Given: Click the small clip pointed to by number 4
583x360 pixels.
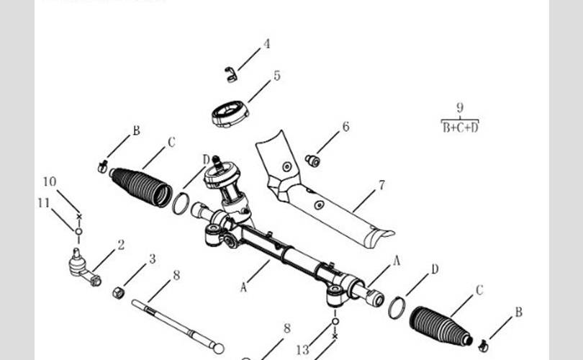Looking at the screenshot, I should pyautogui.click(x=230, y=73).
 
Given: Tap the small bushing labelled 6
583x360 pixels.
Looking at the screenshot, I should pyautogui.click(x=312, y=161).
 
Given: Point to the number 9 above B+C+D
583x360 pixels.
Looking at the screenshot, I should pyautogui.click(x=460, y=108).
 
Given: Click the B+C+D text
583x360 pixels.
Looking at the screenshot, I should pyautogui.click(x=460, y=127).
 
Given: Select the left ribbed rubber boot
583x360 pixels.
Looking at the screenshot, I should pyautogui.click(x=143, y=185).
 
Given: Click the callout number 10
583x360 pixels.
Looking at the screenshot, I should pyautogui.click(x=49, y=181).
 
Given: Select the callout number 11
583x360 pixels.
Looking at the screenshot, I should pyautogui.click(x=43, y=203).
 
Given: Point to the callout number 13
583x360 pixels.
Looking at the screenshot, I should pyautogui.click(x=303, y=350).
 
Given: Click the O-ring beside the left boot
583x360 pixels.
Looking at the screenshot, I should pyautogui.click(x=181, y=204).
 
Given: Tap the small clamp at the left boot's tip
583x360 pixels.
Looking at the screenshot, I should pyautogui.click(x=101, y=168).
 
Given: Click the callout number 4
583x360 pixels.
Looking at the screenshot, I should pyautogui.click(x=267, y=44).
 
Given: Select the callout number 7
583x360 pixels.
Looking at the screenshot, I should pyautogui.click(x=381, y=185).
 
